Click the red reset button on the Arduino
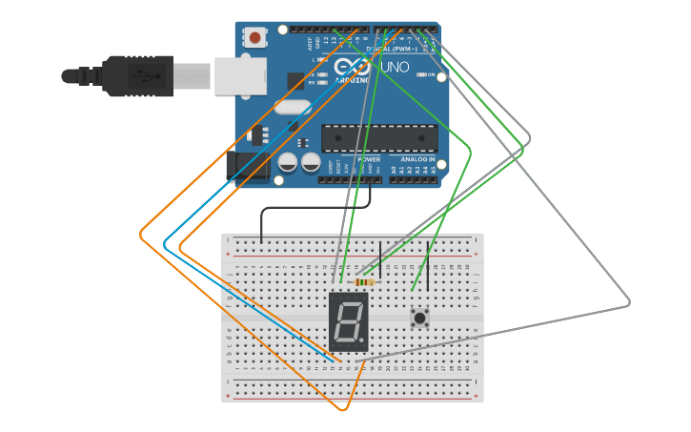(x=254, y=37)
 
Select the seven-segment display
(x=347, y=322)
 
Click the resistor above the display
(x=363, y=281)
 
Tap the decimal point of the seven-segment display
(x=362, y=339)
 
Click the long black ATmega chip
(x=378, y=137)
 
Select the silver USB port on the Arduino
(x=238, y=75)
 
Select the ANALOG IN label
(x=417, y=159)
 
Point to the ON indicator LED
(x=420, y=74)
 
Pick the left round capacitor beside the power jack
(x=287, y=163)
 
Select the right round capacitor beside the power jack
(x=311, y=163)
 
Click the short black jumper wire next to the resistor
(x=380, y=257)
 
